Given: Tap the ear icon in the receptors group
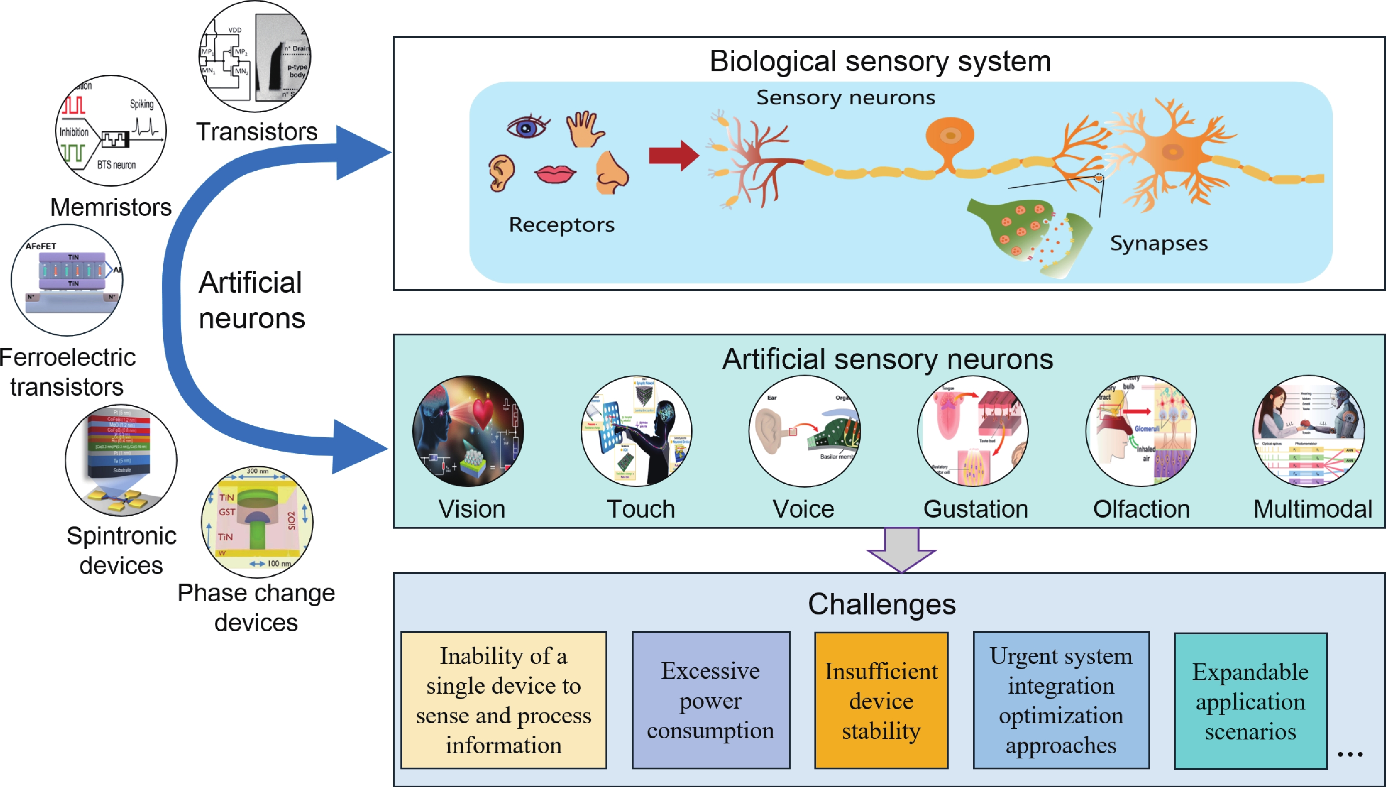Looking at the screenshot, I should click(x=502, y=173).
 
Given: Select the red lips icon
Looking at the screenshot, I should click(x=555, y=174).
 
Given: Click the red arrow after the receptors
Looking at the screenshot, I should click(x=673, y=156).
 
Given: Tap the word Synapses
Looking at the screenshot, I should click(x=1159, y=243).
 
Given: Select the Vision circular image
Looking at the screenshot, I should click(x=468, y=431).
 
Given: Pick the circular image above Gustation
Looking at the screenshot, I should click(x=973, y=431).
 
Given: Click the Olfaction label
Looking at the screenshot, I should click(x=1141, y=509).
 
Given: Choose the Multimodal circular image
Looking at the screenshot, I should click(x=1308, y=431).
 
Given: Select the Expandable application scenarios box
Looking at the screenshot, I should click(x=1250, y=701).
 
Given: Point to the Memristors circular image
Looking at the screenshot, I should click(x=111, y=131).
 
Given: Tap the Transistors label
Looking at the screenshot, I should click(x=257, y=132).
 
